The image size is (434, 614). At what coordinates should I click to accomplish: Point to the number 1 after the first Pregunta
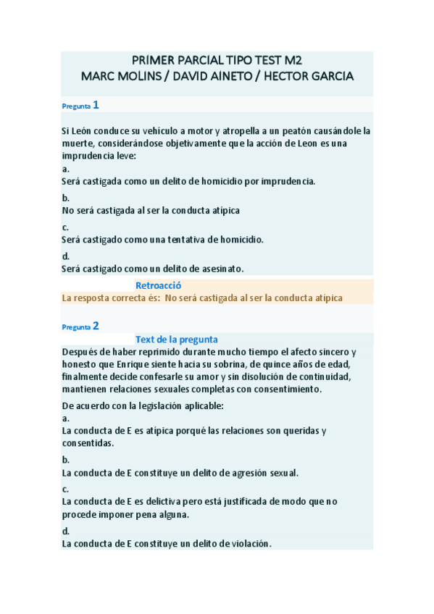coord(95,106)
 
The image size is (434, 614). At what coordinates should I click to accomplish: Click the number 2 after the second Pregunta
coord(96,326)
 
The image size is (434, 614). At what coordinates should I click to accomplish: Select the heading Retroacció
coord(158,285)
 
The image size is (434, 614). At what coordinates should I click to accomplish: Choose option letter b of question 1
coord(65,198)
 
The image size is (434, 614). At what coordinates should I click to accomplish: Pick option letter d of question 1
coord(65,256)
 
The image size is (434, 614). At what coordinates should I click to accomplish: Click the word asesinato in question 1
coord(218,268)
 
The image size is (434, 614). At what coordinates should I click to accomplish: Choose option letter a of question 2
coord(65,418)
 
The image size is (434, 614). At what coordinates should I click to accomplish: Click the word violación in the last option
coord(246,543)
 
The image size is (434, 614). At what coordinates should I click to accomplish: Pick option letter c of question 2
coord(65,489)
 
